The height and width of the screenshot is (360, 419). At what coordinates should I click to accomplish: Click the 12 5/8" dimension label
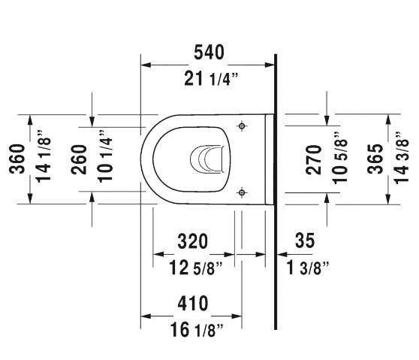pyautogui.click(x=192, y=268)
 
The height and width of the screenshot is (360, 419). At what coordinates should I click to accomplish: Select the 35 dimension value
pyautogui.click(x=304, y=241)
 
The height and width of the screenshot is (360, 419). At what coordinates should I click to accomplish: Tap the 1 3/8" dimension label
pyautogui.click(x=307, y=268)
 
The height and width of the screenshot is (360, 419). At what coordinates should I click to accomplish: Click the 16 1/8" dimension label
pyautogui.click(x=192, y=329)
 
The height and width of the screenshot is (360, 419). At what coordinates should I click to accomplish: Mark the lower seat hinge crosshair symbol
pyautogui.click(x=241, y=192)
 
